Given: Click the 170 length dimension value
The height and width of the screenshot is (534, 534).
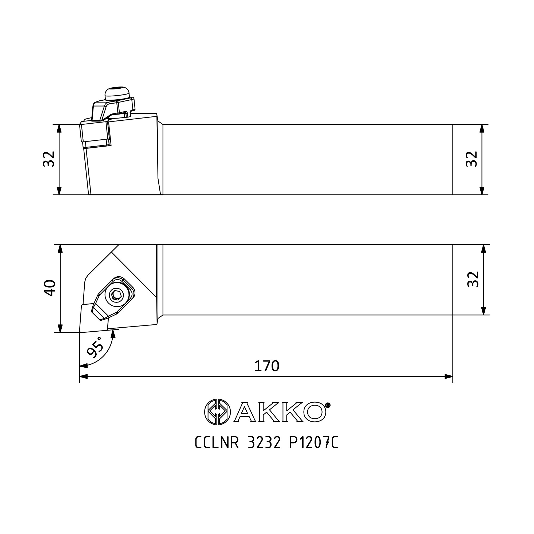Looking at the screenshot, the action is point(267,366).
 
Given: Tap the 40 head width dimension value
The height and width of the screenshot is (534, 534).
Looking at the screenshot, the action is point(50,288).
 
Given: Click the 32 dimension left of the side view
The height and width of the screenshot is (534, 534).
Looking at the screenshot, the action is point(49,159).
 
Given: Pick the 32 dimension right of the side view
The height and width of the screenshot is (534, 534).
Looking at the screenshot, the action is point(472,159).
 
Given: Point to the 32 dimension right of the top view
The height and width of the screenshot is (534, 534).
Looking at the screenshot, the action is point(473,279).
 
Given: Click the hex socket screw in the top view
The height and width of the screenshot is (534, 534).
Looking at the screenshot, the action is point(116,296).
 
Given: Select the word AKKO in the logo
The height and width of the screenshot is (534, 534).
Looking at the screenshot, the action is point(280,412).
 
